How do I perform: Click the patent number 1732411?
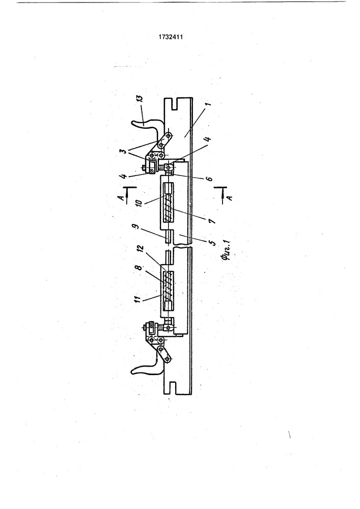[171, 37]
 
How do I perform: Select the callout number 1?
[208, 104]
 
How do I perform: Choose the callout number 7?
[211, 221]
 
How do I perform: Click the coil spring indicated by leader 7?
[168, 208]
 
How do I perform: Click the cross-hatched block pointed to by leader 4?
[151, 168]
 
